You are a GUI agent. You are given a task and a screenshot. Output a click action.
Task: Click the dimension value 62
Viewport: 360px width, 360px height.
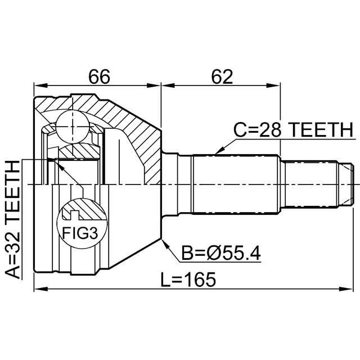pyautogui.click(x=222, y=76)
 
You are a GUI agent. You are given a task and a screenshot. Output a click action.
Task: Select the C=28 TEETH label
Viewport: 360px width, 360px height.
pyautogui.click(x=292, y=130)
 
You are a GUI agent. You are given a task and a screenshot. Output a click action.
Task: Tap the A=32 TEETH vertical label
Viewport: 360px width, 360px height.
pyautogui.click(x=12, y=219)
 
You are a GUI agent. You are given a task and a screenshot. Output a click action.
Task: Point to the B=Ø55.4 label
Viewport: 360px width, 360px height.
pyautogui.click(x=220, y=255)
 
